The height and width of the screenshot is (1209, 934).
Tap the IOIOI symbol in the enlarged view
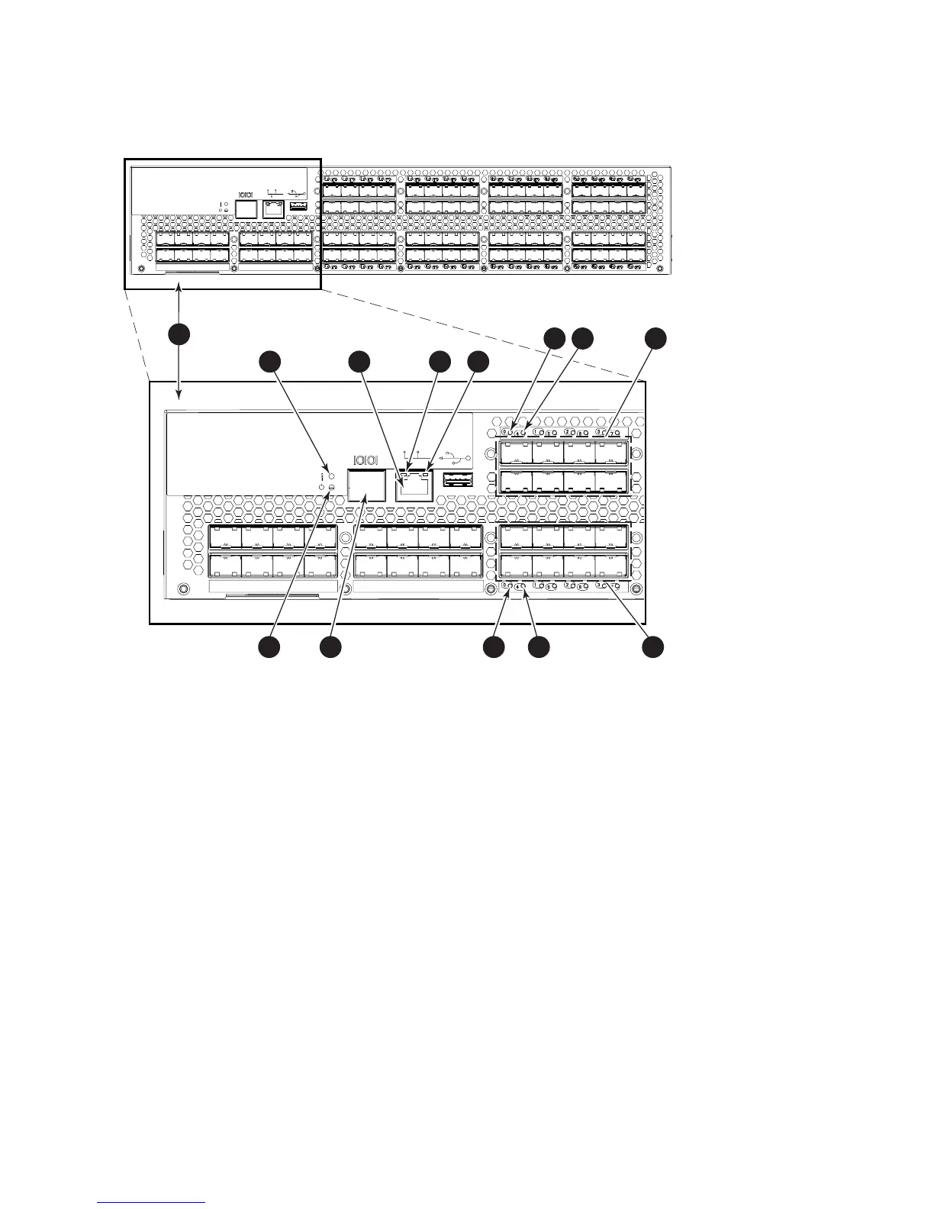pyautogui.click(x=365, y=459)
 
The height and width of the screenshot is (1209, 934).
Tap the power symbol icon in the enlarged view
pyautogui.click(x=322, y=487)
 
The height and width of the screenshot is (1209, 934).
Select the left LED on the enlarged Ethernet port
pyautogui.click(x=403, y=466)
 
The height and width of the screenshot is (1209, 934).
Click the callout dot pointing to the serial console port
pyautogui.click(x=330, y=646)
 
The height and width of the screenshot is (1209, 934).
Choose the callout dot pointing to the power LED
pyautogui.click(x=267, y=646)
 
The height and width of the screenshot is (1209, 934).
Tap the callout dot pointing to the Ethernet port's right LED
pyautogui.click(x=478, y=362)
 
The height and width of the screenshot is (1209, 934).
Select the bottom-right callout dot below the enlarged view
pyautogui.click(x=652, y=646)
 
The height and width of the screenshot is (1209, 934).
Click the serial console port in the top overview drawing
pyautogui.click(x=246, y=208)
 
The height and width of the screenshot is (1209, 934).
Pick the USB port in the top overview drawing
pyautogui.click(x=299, y=206)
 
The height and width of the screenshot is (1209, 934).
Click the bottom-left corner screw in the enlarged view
pyautogui.click(x=182, y=588)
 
